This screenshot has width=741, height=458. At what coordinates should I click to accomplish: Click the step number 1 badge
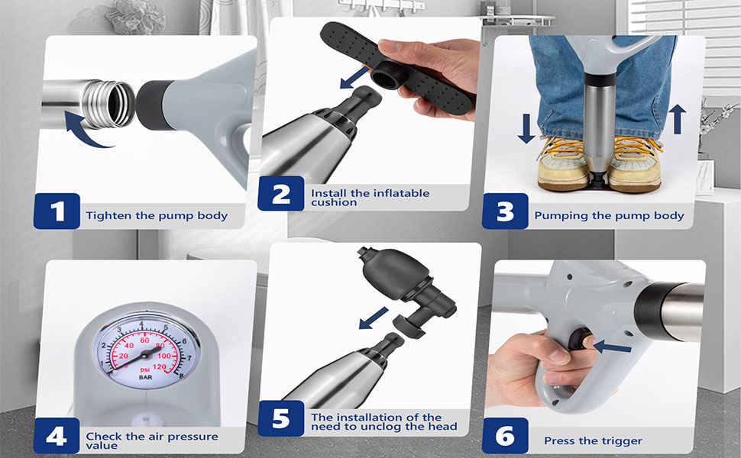click(57, 211)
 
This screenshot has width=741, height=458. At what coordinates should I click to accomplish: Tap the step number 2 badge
click(280, 193)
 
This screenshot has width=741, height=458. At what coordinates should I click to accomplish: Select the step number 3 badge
click(505, 211)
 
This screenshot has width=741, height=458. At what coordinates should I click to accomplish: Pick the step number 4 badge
click(57, 436)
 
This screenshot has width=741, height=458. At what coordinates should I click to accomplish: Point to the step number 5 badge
click(280, 418)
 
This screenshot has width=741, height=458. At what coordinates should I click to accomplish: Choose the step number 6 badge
click(505, 436)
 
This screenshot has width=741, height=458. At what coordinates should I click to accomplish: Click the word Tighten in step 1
click(108, 216)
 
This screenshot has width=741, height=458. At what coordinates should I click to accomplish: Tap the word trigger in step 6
click(622, 441)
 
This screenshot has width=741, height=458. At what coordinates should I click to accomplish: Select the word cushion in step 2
click(334, 202)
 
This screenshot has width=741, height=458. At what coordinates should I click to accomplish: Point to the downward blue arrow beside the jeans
click(526, 128)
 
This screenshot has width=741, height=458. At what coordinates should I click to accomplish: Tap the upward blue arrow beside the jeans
click(677, 119)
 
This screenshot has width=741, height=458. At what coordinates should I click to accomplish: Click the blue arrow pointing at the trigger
click(611, 347)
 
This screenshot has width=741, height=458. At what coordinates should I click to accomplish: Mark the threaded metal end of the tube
click(108, 104)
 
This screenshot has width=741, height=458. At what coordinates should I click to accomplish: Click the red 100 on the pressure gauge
click(164, 356)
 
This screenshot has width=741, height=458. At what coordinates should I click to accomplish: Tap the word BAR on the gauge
click(146, 377)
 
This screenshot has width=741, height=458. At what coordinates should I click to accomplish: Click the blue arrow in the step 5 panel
click(374, 318)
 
